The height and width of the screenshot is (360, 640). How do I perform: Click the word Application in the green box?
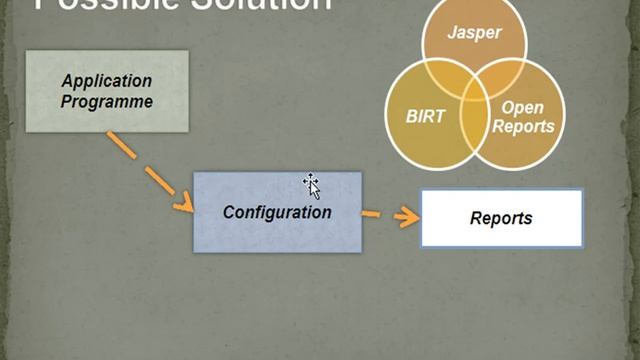106,81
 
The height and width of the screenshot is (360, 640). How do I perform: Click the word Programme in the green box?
106,101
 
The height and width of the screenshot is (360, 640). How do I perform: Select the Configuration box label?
277,212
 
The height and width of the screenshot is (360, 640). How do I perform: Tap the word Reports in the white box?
501,218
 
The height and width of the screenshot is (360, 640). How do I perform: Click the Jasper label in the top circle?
474,32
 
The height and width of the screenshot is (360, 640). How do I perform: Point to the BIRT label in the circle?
425,116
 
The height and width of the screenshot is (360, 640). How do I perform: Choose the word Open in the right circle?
522,107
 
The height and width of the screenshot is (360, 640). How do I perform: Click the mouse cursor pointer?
312,184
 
